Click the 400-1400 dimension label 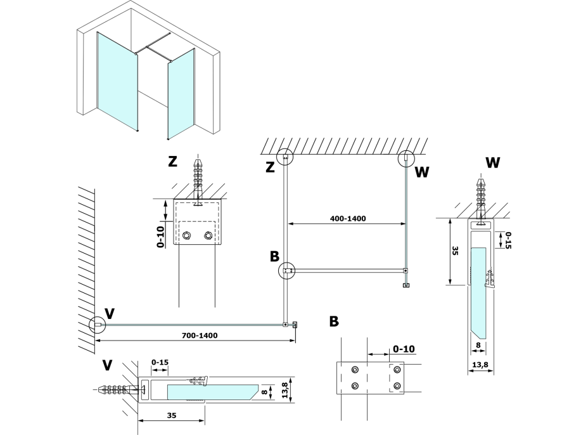(x=348, y=218)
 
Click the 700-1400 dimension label (x=200, y=335)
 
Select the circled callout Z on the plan (x=285, y=157)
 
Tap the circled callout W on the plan (x=406, y=159)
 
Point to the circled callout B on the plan (x=287, y=271)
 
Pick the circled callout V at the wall (x=98, y=325)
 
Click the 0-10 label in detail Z (x=161, y=237)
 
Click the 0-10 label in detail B (x=404, y=349)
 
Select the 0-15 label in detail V (x=160, y=362)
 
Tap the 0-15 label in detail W (x=508, y=240)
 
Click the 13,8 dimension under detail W (x=480, y=365)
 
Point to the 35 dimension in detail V (x=171, y=415)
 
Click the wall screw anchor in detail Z (x=198, y=183)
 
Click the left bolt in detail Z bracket (x=186, y=236)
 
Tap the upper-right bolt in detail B (x=397, y=370)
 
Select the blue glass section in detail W (x=478, y=293)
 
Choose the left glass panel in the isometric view (x=117, y=81)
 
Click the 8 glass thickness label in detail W (x=478, y=345)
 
